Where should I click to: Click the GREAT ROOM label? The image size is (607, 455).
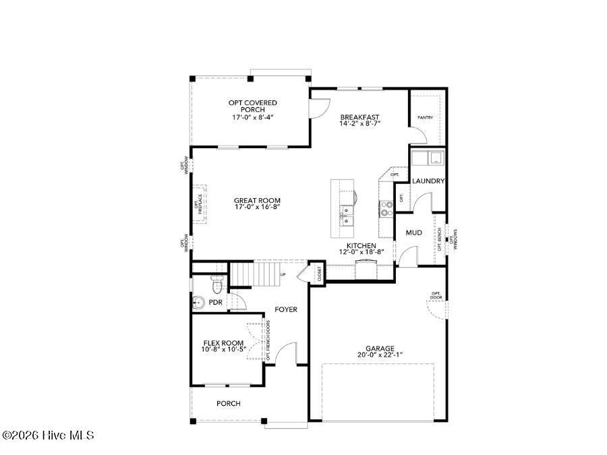click(257, 200)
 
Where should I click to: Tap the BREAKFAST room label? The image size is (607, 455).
click(359, 117)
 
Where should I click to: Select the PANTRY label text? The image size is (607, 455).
click(425, 117)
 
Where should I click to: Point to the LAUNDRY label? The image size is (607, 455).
click(428, 181)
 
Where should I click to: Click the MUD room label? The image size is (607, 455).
click(413, 233)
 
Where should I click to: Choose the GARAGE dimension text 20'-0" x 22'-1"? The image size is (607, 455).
click(380, 355)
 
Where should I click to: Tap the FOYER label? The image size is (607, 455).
click(286, 309)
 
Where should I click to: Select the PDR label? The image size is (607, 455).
click(215, 303)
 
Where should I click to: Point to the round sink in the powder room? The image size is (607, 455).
click(199, 303)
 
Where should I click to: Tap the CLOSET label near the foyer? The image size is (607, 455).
click(319, 272)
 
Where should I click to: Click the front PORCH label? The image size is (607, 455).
click(228, 404)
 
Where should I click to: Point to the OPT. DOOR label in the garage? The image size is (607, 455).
click(436, 295)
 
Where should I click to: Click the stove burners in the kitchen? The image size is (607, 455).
click(386, 208)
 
